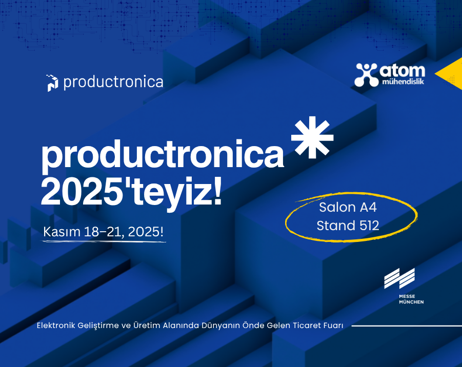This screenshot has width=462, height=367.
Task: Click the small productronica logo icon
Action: (x=52, y=83)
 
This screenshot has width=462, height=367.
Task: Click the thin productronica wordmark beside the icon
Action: (x=113, y=82)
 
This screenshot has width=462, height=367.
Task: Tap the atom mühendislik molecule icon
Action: (x=366, y=75)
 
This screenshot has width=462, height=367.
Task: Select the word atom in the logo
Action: (x=402, y=71)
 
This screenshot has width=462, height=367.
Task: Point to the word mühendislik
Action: (x=403, y=81)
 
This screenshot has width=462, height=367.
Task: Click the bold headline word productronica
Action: (x=163, y=155)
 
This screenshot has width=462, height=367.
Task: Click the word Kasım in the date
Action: (x=62, y=232)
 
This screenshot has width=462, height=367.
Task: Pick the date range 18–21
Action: (x=104, y=232)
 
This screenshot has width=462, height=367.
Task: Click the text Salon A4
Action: (x=348, y=208)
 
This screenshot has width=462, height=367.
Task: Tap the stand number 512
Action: (x=369, y=226)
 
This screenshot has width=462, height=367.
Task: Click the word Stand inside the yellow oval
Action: (x=336, y=226)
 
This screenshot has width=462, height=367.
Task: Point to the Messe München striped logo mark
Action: (x=399, y=278)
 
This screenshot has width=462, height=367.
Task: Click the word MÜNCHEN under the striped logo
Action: (x=411, y=302)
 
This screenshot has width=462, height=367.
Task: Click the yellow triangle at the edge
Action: (x=452, y=74)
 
